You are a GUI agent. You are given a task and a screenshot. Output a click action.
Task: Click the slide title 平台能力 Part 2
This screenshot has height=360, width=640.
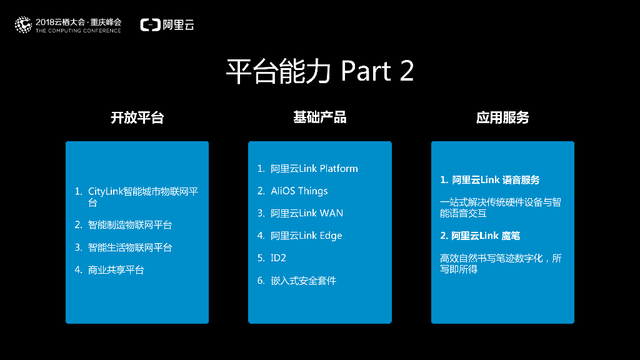(319, 72)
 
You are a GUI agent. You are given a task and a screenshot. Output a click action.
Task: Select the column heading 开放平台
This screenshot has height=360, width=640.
(137, 117)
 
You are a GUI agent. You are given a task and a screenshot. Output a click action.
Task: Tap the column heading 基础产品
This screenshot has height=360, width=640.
(319, 117)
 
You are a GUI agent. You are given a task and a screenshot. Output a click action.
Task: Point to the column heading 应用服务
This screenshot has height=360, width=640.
(502, 117)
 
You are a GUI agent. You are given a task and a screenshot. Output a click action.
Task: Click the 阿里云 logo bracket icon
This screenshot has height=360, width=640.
(150, 25)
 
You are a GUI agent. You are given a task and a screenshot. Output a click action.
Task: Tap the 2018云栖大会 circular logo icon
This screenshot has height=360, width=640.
(23, 25)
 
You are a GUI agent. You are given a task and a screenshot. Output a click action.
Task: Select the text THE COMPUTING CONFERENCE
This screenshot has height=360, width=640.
(78, 31)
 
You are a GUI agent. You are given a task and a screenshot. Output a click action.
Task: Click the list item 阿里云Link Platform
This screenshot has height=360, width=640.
(314, 169)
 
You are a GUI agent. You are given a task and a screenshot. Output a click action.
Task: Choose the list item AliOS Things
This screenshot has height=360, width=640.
(299, 191)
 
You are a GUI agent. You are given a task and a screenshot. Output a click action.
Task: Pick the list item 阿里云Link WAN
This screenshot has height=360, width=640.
(306, 213)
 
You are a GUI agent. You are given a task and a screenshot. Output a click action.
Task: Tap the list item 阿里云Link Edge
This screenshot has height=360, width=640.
(306, 236)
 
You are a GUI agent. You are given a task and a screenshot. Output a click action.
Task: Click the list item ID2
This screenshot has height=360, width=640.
(278, 258)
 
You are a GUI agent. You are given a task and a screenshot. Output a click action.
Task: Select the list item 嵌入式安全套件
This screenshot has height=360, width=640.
(303, 281)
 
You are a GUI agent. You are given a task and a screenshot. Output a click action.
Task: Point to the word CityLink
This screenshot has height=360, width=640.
(105, 191)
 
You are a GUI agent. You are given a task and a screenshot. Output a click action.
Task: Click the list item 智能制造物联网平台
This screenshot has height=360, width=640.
(130, 225)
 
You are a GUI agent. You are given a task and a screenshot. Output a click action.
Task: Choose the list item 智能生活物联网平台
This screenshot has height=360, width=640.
(130, 247)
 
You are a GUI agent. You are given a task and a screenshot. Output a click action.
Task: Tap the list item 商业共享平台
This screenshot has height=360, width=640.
(116, 270)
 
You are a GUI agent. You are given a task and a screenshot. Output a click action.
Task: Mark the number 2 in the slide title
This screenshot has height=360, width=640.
(406, 72)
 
